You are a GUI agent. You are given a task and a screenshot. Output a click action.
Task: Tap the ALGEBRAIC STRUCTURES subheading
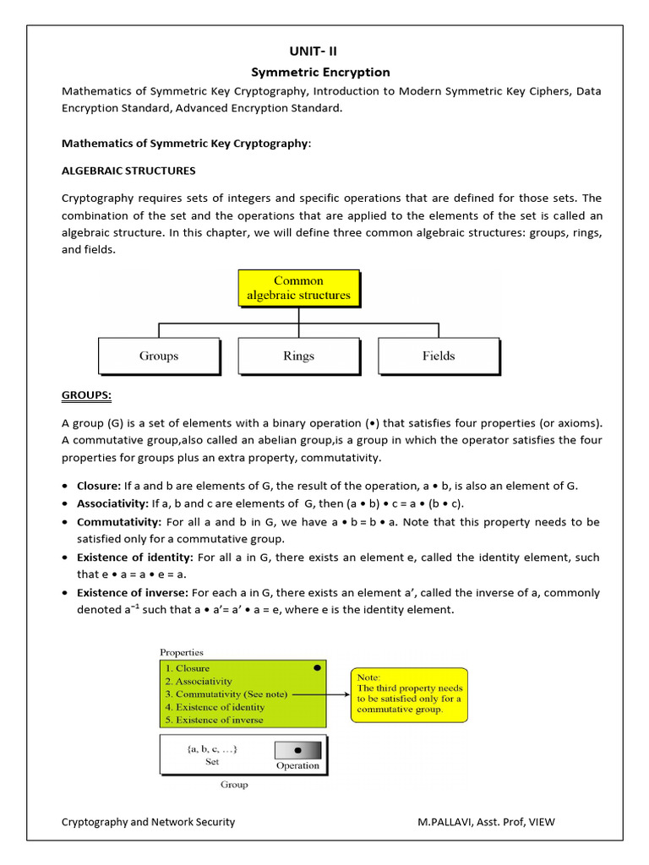pyautogui.click(x=128, y=171)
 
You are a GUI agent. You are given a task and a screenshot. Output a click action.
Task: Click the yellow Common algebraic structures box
pyautogui.click(x=298, y=288)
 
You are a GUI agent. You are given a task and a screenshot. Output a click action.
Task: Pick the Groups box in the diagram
pyautogui.click(x=159, y=356)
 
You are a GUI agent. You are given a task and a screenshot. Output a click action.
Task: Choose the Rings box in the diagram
pyautogui.click(x=297, y=356)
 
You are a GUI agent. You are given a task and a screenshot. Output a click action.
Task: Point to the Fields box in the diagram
pyautogui.click(x=439, y=356)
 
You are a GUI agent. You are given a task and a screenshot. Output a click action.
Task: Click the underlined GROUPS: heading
pyautogui.click(x=86, y=395)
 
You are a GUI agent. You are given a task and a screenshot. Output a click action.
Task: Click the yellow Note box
pyautogui.click(x=409, y=694)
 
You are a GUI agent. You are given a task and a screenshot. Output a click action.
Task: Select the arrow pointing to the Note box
pyautogui.click(x=319, y=694)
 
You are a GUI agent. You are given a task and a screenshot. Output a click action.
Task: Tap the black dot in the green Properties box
pyautogui.click(x=317, y=667)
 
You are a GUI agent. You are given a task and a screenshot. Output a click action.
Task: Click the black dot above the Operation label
pyautogui.click(x=298, y=750)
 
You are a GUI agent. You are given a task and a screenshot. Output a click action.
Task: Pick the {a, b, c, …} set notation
pyautogui.click(x=212, y=748)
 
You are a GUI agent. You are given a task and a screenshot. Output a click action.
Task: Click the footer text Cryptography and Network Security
pyautogui.click(x=148, y=822)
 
